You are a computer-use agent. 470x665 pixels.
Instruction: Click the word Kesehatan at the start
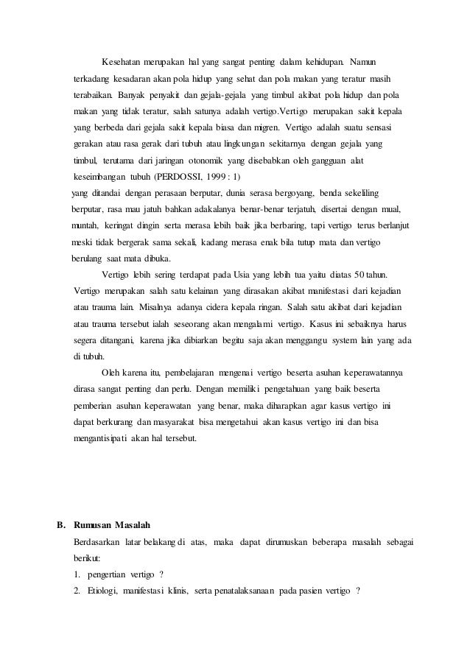123,59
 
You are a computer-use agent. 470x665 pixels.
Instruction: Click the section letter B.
62,525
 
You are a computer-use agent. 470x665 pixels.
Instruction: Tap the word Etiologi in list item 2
103,593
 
